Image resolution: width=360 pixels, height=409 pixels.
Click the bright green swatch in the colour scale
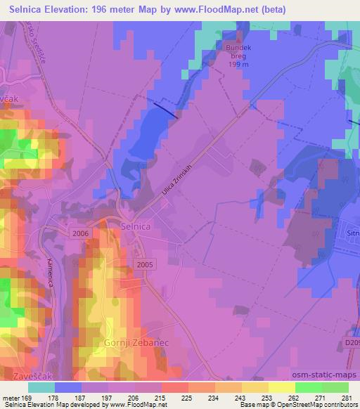tap(309, 387)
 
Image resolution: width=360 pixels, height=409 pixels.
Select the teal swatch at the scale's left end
tap(41, 387)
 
